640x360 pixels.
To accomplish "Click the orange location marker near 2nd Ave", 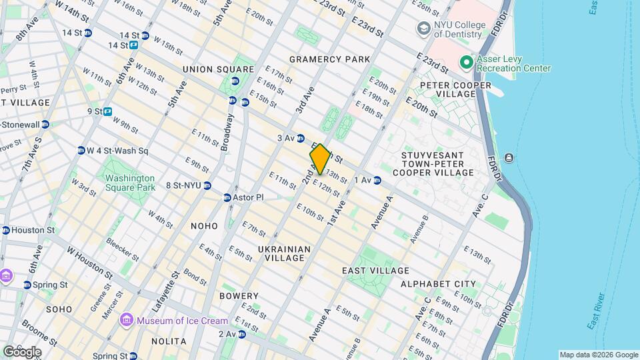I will pos(320,159).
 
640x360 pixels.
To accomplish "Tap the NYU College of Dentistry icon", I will pos(423,29).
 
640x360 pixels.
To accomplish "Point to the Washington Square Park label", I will pos(129,183).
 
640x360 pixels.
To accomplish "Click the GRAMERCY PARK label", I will pos(329,59).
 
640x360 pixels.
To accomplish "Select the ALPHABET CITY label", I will pos(438,284).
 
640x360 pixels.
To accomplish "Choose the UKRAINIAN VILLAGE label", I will pos(284,253).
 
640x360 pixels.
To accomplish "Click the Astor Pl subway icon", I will pos(227,198).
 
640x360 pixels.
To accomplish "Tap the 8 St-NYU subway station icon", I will pos(207,185).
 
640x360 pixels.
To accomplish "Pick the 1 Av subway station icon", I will pos(377,180).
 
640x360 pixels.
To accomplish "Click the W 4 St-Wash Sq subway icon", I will pos(81,151).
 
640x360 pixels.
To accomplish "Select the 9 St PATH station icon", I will pos(107,111).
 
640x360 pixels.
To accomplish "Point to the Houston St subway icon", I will pos(6,230).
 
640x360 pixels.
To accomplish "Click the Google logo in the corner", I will pos(22,351).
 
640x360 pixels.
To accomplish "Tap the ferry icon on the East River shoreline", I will pos(509,157).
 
